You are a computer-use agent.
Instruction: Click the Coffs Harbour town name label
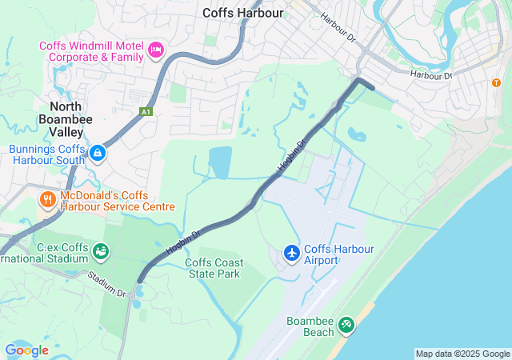click(x=243, y=12)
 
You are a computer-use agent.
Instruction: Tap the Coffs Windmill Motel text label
click(x=93, y=51)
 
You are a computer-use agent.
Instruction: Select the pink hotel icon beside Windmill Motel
click(x=156, y=51)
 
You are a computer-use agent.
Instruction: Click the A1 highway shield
click(x=145, y=112)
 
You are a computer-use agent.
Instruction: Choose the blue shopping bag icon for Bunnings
click(x=97, y=152)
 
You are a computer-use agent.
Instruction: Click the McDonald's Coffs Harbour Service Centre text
click(x=117, y=201)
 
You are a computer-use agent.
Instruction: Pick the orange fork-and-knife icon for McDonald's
click(x=48, y=198)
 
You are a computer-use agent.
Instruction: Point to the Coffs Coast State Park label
click(x=213, y=268)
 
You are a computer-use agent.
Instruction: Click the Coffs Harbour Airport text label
click(x=339, y=254)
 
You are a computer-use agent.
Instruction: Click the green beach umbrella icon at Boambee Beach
click(x=346, y=325)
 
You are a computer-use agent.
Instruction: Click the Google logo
click(x=26, y=350)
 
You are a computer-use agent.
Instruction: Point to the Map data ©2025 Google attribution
click(x=462, y=354)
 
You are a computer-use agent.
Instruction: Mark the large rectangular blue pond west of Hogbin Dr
click(x=220, y=162)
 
